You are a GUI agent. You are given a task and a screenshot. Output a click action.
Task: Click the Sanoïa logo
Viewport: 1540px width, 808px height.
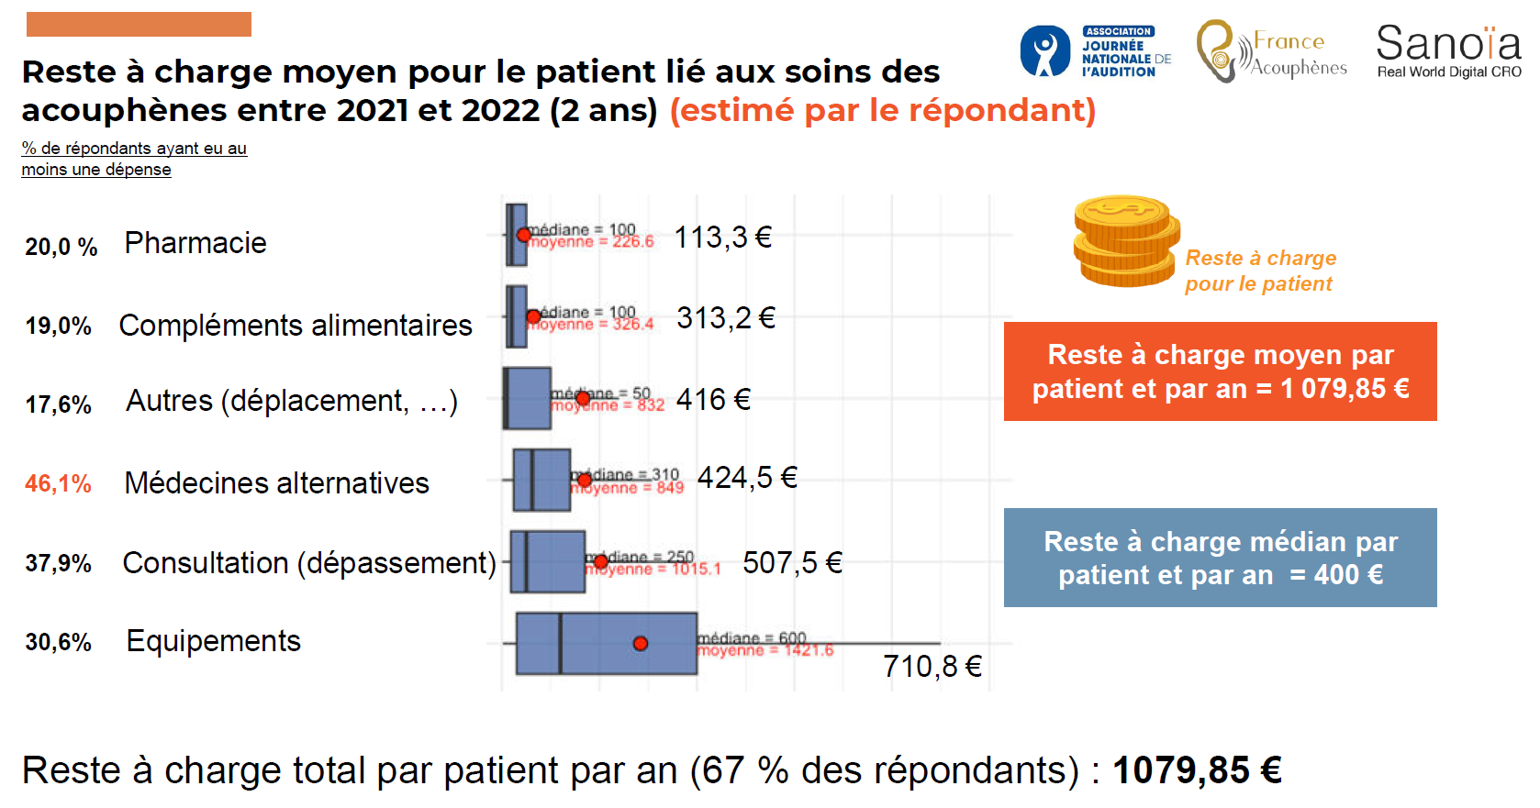[1448, 51]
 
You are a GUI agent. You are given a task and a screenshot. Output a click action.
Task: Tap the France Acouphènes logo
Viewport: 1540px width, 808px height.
[1271, 52]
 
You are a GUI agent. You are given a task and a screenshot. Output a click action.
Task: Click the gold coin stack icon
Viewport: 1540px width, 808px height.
[1126, 241]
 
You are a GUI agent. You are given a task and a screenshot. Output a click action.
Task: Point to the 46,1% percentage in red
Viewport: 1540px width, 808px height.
[58, 483]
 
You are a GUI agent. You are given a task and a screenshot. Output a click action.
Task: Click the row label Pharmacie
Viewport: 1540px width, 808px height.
[195, 243]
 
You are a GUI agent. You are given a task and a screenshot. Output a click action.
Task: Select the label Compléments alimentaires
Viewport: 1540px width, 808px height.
[296, 326]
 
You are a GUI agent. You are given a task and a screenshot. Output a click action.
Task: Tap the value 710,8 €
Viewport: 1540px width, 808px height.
[932, 666]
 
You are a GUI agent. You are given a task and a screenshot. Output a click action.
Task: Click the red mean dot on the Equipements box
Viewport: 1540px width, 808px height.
[641, 644]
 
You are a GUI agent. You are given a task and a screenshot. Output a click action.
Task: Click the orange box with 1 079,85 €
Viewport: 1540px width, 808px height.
[1220, 371]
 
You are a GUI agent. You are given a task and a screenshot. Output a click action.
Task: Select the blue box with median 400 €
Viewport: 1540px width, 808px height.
[1220, 558]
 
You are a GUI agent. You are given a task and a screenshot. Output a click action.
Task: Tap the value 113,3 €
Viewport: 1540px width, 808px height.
[722, 238]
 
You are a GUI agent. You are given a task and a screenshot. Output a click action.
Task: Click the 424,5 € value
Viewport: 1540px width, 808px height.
[747, 478]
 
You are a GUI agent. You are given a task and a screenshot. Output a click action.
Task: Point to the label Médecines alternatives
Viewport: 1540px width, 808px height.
[276, 483]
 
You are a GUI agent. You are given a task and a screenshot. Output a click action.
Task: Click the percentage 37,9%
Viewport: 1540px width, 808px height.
[58, 563]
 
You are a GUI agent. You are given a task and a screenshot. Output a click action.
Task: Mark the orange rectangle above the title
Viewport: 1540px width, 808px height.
[139, 25]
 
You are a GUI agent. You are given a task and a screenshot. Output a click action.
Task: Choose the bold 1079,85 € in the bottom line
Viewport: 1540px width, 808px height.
[1196, 770]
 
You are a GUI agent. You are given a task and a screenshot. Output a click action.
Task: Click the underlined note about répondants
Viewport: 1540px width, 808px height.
[134, 159]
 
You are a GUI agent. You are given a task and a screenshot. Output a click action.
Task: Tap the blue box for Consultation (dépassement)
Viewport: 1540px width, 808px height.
[548, 561]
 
